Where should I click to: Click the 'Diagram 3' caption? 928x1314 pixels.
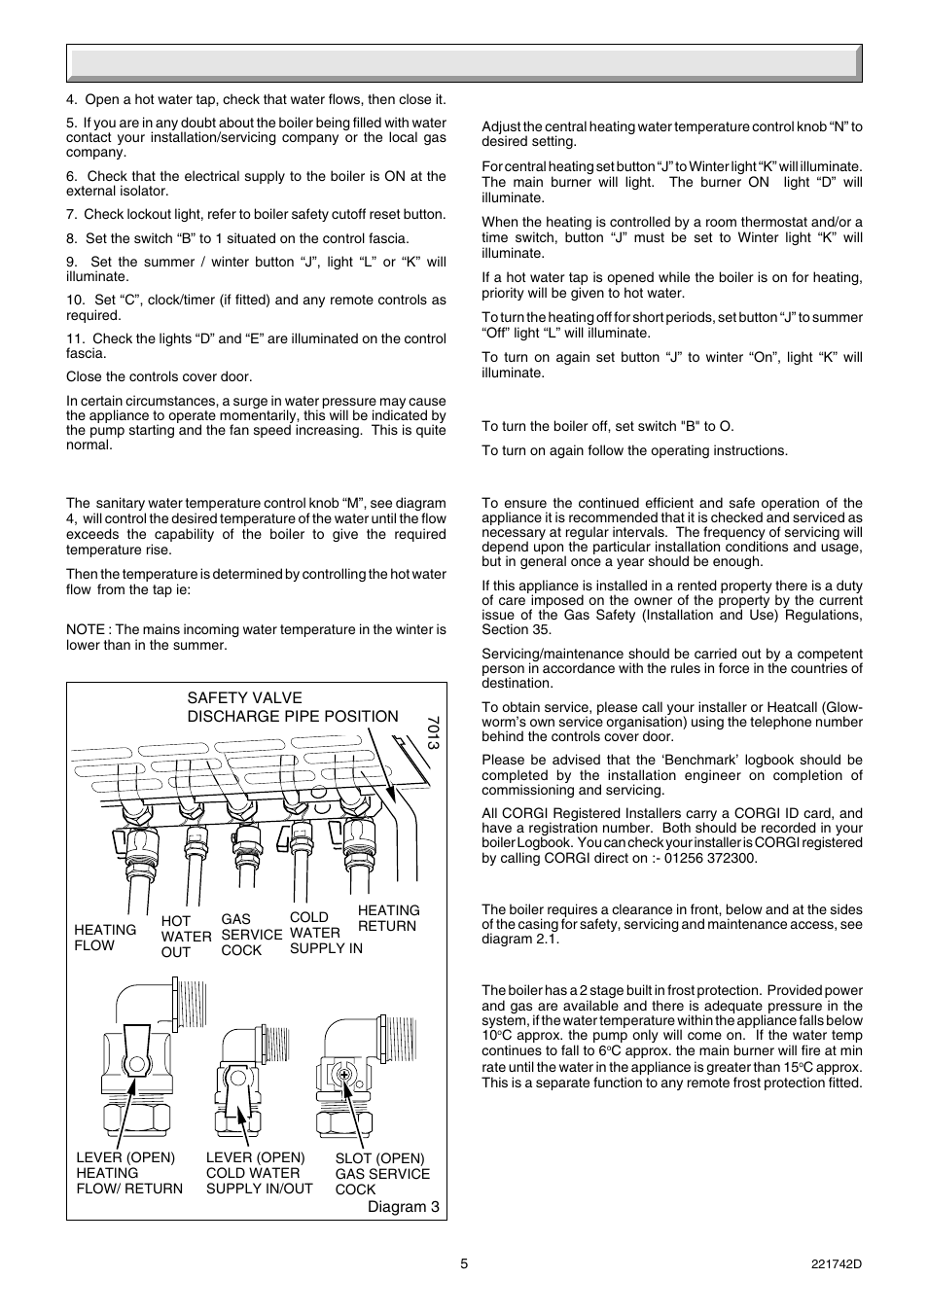coord(403,1207)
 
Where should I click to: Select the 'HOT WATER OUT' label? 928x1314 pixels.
coord(185,936)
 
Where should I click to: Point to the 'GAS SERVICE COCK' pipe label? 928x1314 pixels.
coord(251,934)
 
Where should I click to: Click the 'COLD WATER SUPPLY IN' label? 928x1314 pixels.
coord(325,932)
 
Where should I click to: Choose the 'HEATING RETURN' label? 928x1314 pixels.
coord(389,918)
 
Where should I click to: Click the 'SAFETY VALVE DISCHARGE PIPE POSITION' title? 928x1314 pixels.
coord(292,707)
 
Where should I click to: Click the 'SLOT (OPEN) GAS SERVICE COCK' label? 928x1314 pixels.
coord(381,1173)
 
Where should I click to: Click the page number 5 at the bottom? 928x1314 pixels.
coord(464,1263)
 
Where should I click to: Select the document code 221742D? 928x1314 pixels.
coord(836,1263)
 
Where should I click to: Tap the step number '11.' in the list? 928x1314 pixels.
coord(77,338)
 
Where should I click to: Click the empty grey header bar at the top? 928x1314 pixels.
coord(464,62)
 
